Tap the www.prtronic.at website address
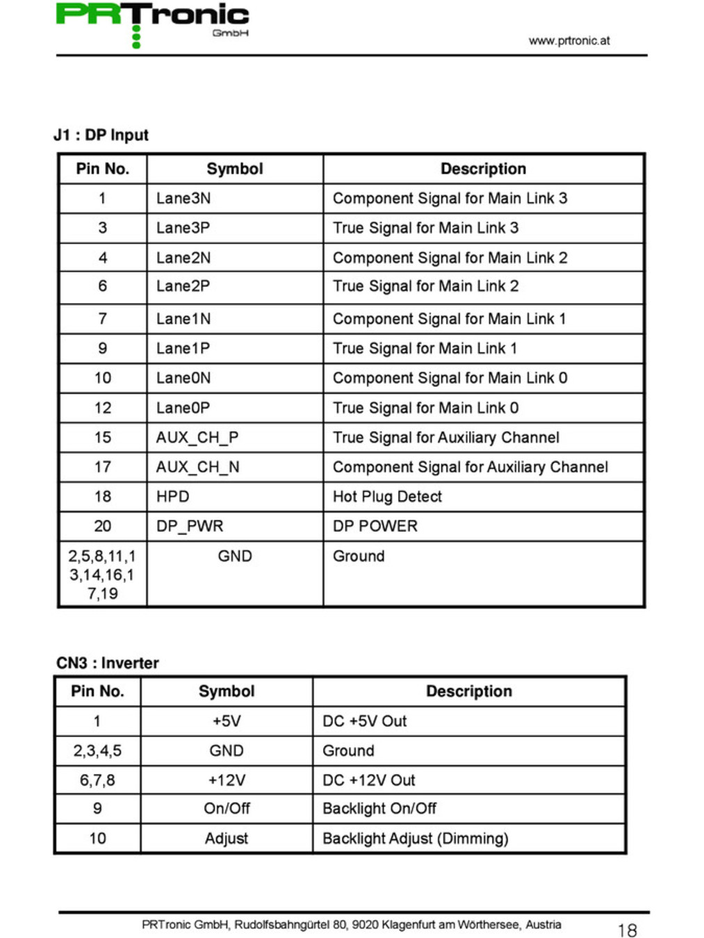pyautogui.click(x=568, y=40)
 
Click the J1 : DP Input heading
pyautogui.click(x=101, y=135)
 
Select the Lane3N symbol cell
pyautogui.click(x=183, y=199)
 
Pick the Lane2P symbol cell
pyautogui.click(x=183, y=286)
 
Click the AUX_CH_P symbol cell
pyautogui.click(x=197, y=438)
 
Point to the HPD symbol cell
pyautogui.click(x=173, y=497)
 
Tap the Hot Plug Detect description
pyautogui.click(x=387, y=497)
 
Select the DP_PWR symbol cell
pyautogui.click(x=190, y=527)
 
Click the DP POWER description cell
pyautogui.click(x=375, y=527)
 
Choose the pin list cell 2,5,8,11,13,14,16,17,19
pyautogui.click(x=102, y=575)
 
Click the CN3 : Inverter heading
pyautogui.click(x=108, y=663)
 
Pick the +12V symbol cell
pyautogui.click(x=227, y=780)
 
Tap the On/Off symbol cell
pyautogui.click(x=227, y=809)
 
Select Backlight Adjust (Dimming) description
pyautogui.click(x=416, y=839)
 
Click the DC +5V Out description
pyautogui.click(x=365, y=721)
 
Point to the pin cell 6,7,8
pyautogui.click(x=97, y=780)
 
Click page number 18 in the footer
pyautogui.click(x=627, y=930)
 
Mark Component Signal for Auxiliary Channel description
pyautogui.click(x=470, y=468)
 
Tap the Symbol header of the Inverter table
pyautogui.click(x=227, y=691)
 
